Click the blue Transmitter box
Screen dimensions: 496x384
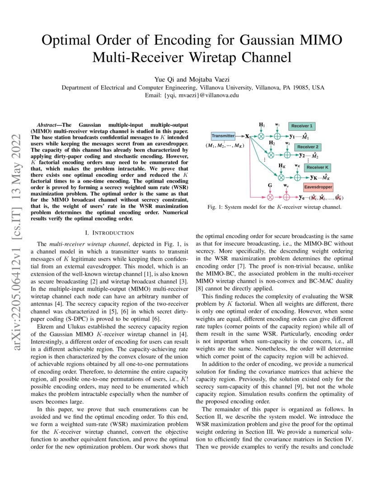click(223, 135)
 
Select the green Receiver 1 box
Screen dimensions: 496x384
click(302, 126)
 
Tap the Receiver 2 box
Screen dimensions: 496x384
click(308, 147)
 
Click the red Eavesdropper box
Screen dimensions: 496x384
click(318, 186)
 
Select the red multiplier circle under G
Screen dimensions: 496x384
click(270, 197)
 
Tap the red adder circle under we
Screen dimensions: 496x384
click(286, 197)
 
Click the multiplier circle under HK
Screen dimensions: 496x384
click(281, 177)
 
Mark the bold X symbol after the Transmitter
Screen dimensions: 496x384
click(247, 136)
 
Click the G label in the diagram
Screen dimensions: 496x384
click(270, 185)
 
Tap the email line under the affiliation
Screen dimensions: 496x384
click(192, 95)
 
